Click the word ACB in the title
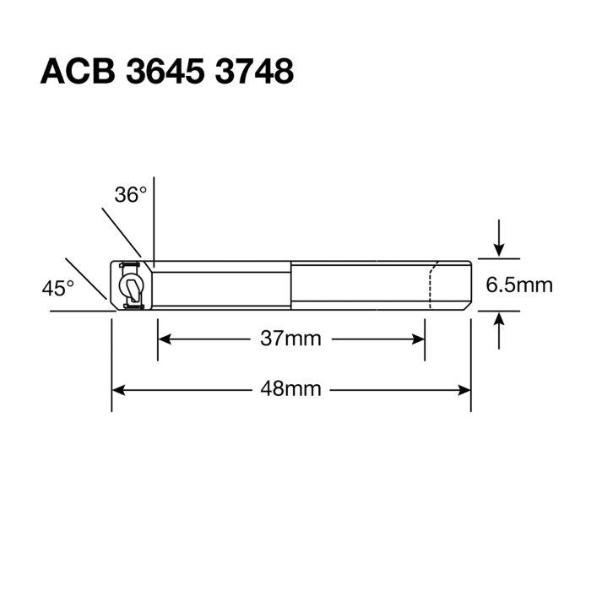point(77,72)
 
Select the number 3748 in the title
point(253,72)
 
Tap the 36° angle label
point(131,195)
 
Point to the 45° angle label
point(58,288)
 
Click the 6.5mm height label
point(519,285)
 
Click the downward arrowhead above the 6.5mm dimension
point(500,250)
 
